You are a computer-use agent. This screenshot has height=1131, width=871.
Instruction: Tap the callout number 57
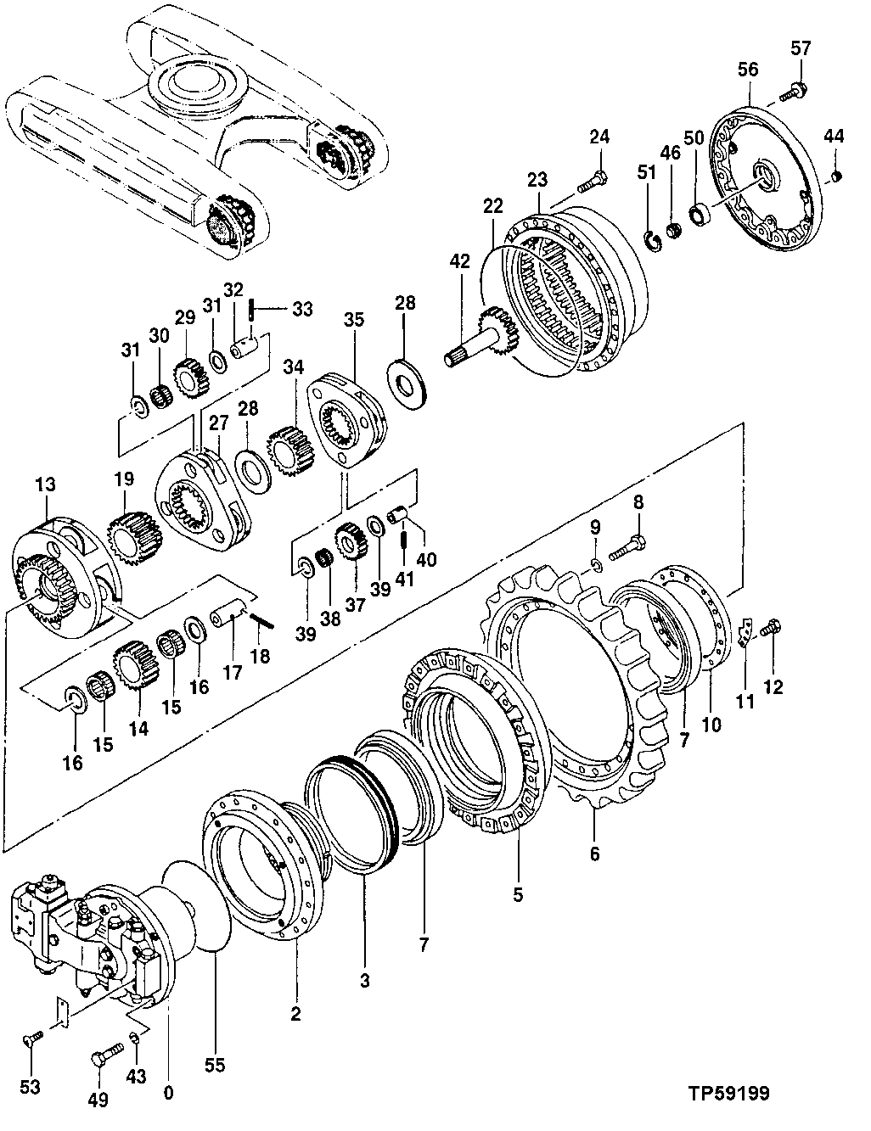coord(801,48)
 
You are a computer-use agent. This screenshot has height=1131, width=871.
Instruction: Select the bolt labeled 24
coord(592,181)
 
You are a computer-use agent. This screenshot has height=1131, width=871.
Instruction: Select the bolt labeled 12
coord(773,629)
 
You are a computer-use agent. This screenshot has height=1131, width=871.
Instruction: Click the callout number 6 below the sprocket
coord(594,854)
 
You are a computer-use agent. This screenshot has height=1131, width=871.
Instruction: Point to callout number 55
coord(216,1064)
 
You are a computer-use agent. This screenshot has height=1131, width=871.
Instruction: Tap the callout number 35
coord(353,320)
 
